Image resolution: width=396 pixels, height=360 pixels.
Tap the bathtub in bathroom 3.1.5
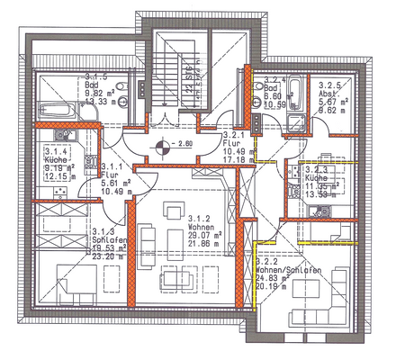coord(56,109)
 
